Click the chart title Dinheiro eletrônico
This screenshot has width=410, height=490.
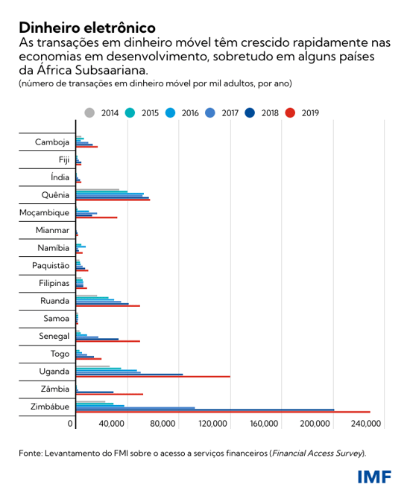click(x=87, y=28)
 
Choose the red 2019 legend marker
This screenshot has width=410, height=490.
click(x=291, y=112)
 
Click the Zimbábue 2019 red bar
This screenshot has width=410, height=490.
click(x=223, y=412)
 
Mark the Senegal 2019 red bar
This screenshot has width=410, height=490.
click(x=108, y=341)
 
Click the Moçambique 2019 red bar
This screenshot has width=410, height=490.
click(x=97, y=217)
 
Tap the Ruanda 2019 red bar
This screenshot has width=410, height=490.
click(x=108, y=306)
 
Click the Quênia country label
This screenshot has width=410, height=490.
click(x=56, y=196)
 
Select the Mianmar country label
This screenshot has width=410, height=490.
click(x=52, y=231)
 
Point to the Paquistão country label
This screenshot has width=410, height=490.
click(x=51, y=266)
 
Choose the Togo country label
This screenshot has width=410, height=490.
click(x=60, y=354)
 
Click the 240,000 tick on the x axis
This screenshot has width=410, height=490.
click(x=366, y=424)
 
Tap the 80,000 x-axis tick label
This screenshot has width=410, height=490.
click(x=162, y=424)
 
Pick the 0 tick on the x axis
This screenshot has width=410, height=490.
click(x=72, y=424)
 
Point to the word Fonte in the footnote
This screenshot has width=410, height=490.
click(x=31, y=453)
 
